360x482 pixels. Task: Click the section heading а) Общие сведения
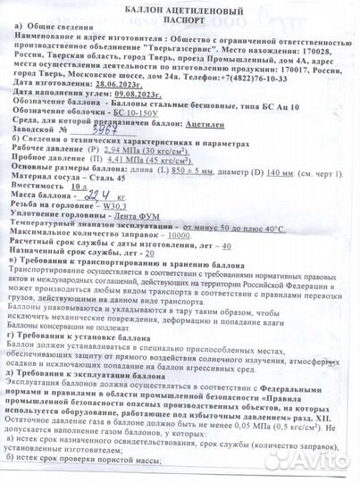(53, 27)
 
